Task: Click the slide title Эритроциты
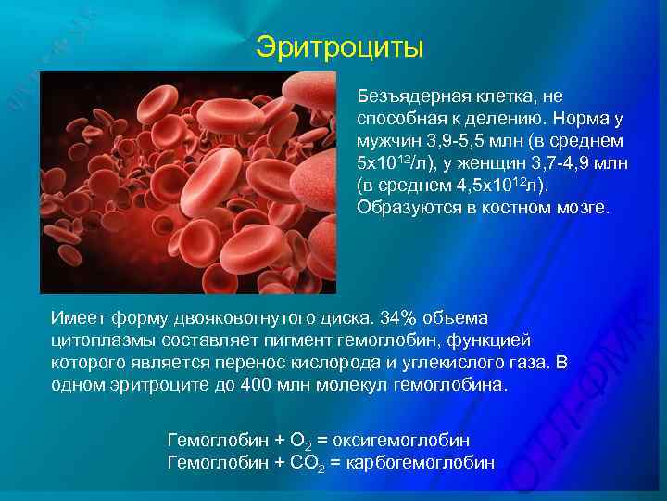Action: point(339,47)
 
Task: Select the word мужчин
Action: point(386,141)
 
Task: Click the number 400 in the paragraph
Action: point(255,385)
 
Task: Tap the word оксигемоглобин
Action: point(413,439)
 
